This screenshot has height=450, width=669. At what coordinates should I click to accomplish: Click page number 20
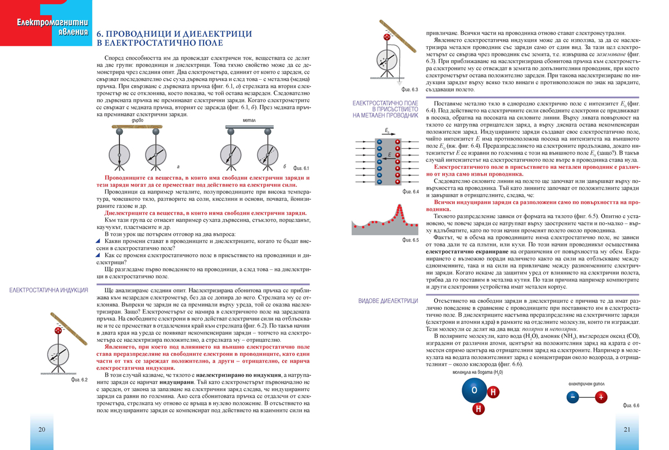click(x=41, y=430)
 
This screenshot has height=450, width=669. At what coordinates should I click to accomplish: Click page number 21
click(x=627, y=430)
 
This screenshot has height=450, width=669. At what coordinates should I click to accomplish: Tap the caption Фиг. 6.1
click(x=300, y=168)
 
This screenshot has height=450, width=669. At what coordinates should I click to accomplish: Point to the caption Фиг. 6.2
click(x=80, y=379)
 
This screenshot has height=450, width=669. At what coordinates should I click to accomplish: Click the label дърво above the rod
click(x=138, y=120)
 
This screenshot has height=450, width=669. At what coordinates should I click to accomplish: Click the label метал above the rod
click(x=249, y=120)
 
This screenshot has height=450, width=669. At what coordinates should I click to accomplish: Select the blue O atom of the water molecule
click(x=474, y=390)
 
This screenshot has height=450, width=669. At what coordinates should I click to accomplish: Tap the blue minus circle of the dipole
click(x=573, y=398)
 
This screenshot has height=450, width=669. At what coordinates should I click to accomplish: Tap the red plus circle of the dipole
click(x=600, y=398)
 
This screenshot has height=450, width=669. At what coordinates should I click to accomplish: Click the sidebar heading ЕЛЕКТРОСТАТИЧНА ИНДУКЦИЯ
click(x=49, y=291)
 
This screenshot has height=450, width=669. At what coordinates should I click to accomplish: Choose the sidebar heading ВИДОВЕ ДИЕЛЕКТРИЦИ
click(x=388, y=301)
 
